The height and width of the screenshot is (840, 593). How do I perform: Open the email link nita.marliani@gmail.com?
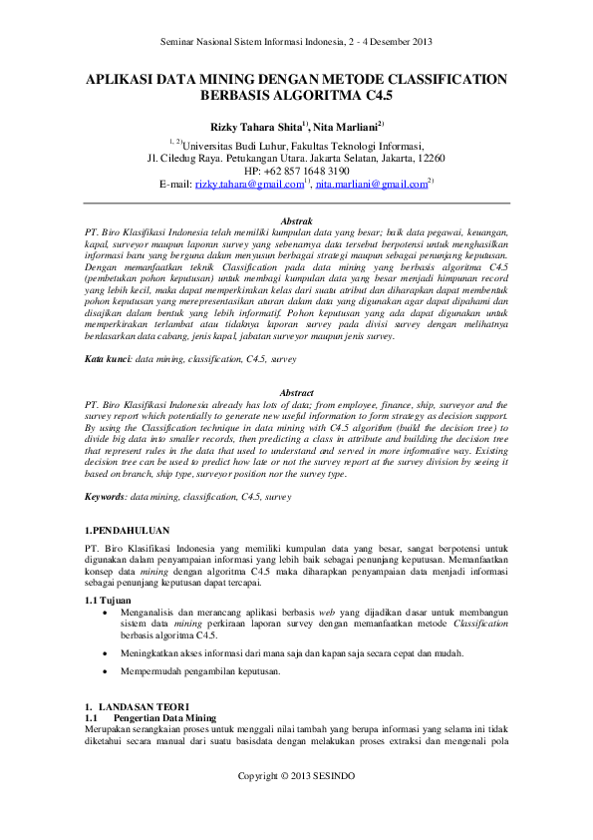pos(371,185)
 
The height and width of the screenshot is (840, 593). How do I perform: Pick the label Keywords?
pos(105,495)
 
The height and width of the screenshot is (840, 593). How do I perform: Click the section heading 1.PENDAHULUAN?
pos(127,531)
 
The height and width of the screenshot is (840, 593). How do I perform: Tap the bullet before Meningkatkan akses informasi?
pos(107,652)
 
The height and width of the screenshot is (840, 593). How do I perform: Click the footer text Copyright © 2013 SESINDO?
pos(296,776)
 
